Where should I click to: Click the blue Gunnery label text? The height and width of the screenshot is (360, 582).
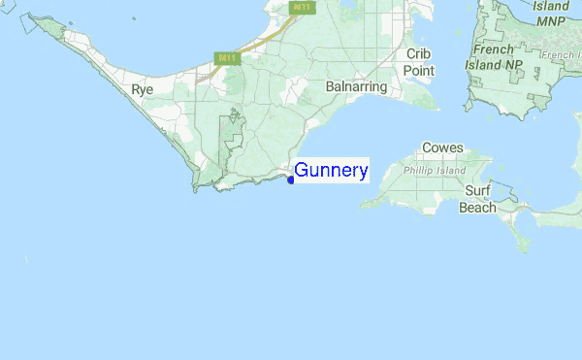coord(331,172)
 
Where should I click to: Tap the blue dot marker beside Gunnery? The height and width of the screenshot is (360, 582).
coord(291,180)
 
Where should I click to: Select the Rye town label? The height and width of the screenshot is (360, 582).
coord(142,89)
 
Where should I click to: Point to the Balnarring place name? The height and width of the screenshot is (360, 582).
coord(357,87)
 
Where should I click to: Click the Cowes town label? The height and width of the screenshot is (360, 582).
coord(442,148)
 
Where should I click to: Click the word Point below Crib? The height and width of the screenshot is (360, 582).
coord(419,71)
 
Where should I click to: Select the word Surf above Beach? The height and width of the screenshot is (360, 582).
coord(477,191)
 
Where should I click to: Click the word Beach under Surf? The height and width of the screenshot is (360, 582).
coord(477,207)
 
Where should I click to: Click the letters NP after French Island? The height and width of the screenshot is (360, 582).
coord(513,65)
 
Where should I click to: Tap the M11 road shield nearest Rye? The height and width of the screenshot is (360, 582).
coord(227,58)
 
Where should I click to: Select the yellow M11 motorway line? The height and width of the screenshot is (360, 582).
coord(260,44)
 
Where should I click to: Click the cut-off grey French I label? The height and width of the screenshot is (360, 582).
coord(562,56)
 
